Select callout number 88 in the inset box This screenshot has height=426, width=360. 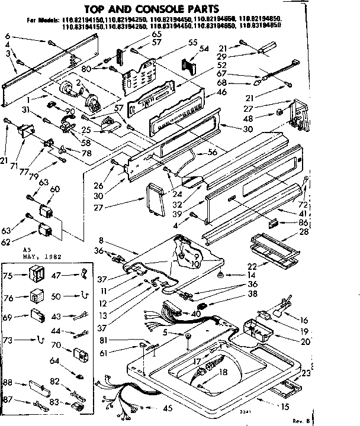(x=8, y=382)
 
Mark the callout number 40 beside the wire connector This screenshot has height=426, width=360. (x=196, y=314)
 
